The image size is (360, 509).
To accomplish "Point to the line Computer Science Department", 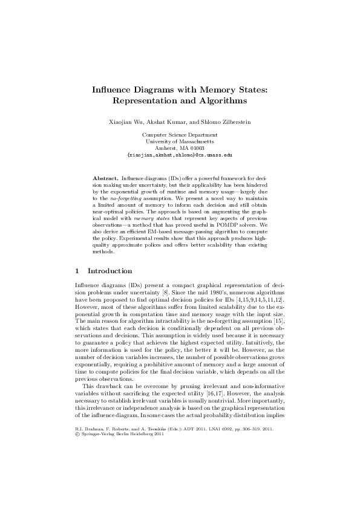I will [x=180, y=135].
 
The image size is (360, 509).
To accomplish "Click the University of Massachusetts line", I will [x=180, y=141].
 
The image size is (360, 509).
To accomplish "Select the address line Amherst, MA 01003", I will [x=180, y=148].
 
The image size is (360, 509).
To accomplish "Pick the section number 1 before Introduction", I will [x=76, y=271].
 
